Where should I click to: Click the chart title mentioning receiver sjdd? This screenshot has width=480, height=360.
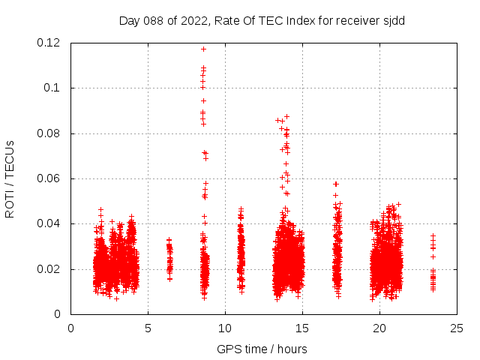(262, 20)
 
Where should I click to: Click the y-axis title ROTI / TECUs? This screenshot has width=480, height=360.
(10, 178)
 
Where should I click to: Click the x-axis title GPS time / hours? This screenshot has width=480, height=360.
(262, 349)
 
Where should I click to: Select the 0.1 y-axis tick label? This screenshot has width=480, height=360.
(55, 88)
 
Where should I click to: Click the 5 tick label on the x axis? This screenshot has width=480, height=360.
(148, 328)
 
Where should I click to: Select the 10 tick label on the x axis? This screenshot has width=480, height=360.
(225, 328)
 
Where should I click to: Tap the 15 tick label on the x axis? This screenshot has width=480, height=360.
(302, 328)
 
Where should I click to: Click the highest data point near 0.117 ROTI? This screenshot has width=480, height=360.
(203, 49)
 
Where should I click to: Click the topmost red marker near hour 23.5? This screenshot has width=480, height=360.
(433, 235)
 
